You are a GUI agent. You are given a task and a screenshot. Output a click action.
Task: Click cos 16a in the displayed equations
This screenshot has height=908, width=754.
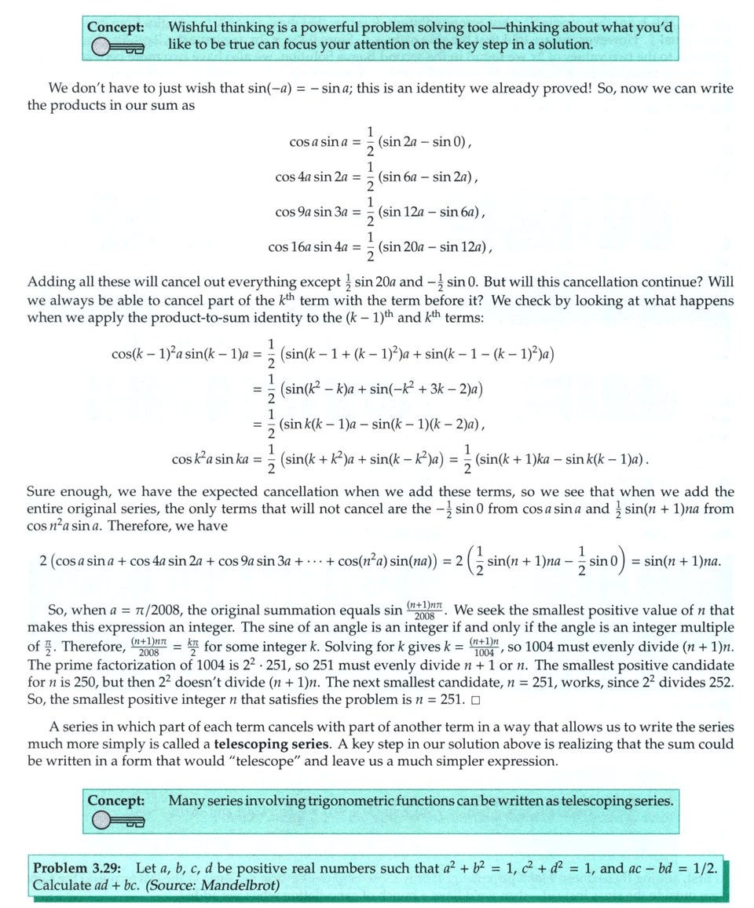[289, 247]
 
